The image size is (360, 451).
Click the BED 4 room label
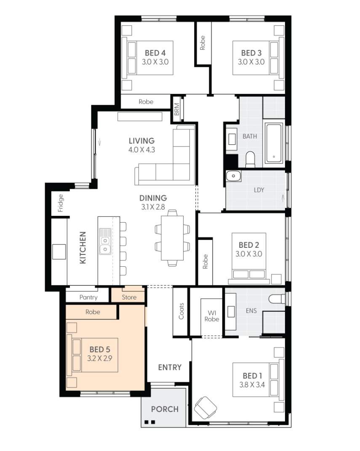point(155,53)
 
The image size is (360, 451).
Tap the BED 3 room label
point(251,53)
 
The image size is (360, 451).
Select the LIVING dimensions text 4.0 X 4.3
point(141,149)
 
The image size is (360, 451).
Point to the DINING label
point(153,198)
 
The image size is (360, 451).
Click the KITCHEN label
point(83,248)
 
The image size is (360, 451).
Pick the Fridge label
point(61,202)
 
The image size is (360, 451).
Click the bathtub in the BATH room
point(274,143)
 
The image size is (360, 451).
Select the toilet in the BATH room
point(250,159)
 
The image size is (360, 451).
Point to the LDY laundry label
point(259,190)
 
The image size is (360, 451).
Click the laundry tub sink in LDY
point(233,176)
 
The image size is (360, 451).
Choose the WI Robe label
point(212,316)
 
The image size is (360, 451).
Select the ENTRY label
point(170,367)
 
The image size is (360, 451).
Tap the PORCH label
point(165,409)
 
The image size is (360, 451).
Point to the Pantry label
point(88,297)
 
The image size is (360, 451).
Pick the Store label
point(129,297)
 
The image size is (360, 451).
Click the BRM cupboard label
point(176,110)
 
